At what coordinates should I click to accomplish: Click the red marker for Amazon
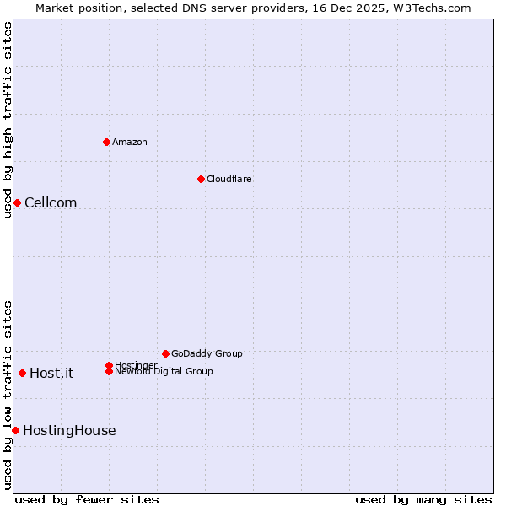106,142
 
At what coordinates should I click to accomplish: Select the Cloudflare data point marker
201,179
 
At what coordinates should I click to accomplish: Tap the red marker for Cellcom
17,202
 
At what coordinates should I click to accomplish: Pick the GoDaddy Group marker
165,353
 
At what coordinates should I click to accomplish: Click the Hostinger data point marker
109,365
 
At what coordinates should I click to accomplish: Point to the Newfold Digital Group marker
109,371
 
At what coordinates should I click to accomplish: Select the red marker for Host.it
22,373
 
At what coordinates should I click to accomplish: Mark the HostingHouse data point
15,430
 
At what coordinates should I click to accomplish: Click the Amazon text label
130,142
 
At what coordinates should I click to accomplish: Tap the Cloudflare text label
229,179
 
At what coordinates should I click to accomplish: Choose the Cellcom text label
51,202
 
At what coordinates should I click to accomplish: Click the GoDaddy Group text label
207,353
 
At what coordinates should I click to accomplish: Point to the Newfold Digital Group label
164,372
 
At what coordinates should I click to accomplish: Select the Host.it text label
51,373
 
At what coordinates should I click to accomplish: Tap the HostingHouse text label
69,430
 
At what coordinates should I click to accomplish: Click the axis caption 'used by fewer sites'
87,499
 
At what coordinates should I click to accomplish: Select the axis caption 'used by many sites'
423,499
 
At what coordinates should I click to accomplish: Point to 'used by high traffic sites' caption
8,120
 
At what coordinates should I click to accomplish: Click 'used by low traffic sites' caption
8,395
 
